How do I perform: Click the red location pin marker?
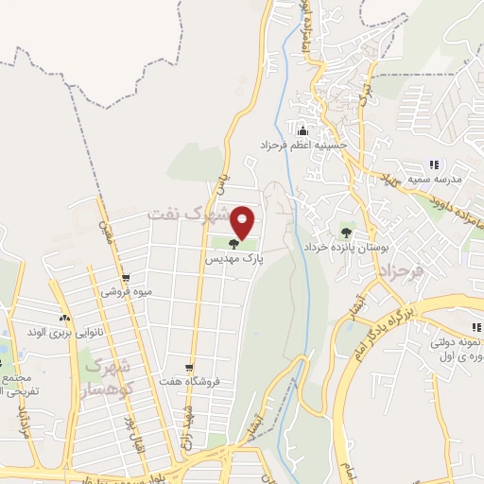click(x=243, y=222)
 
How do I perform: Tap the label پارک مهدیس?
click(x=233, y=257)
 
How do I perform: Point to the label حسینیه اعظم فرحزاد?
click(x=300, y=147)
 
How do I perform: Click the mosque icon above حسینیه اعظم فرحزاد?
click(x=302, y=130)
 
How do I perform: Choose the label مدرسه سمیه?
click(x=435, y=179)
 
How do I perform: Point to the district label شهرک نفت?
click(x=189, y=216)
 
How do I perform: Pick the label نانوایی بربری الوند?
click(x=62, y=333)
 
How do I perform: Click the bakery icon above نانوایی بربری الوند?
click(x=63, y=319)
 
